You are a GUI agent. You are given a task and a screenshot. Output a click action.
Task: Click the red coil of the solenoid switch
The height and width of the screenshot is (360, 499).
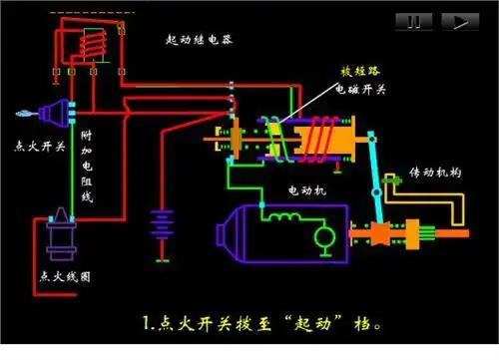(319, 138)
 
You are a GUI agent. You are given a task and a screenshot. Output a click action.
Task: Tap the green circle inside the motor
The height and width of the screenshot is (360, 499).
(322, 237)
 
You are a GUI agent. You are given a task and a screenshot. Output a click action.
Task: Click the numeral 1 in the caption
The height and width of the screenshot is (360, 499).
(147, 324)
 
